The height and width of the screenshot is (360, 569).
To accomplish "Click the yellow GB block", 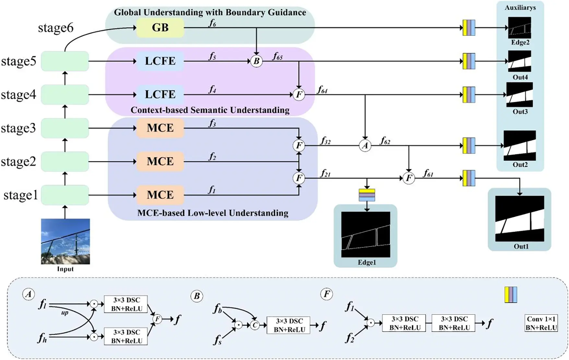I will click(x=160, y=28).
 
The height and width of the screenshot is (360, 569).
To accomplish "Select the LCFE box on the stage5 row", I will click(x=160, y=61).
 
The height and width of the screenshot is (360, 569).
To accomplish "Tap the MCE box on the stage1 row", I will click(x=160, y=195).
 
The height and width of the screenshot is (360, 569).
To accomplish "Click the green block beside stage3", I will click(x=65, y=128).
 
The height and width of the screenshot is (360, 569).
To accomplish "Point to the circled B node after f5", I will click(x=256, y=61).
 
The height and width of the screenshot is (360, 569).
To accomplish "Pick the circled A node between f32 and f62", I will click(x=365, y=146).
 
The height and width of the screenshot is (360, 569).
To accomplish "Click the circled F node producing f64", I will click(x=299, y=95).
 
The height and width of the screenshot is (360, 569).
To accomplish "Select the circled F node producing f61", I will click(x=409, y=178).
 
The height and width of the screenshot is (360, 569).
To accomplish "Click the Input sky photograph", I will click(x=65, y=241).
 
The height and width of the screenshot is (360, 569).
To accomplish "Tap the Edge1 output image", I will click(x=366, y=234).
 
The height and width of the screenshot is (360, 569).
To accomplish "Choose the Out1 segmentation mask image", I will click(x=519, y=218).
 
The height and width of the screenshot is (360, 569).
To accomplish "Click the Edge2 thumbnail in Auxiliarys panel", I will click(x=519, y=28).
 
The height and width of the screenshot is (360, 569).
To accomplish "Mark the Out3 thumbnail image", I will click(x=519, y=95).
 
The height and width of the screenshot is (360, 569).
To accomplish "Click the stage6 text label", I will click(x=56, y=28).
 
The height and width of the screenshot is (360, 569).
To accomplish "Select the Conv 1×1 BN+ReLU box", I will click(x=541, y=323).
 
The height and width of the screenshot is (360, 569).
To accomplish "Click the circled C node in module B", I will click(x=255, y=325).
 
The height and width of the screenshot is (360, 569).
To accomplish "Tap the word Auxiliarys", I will click(x=520, y=7).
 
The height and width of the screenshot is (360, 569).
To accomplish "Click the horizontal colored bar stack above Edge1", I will click(x=367, y=195).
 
